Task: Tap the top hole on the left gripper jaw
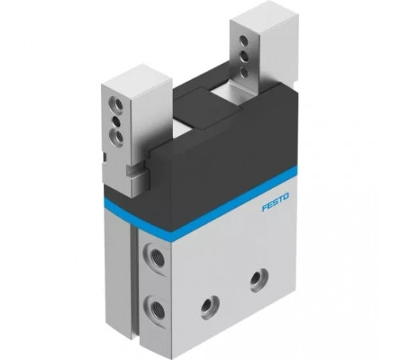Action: click(x=117, y=104)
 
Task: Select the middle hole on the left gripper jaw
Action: click(x=116, y=121)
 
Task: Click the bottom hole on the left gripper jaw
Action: click(x=118, y=137)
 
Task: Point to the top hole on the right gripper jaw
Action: click(x=243, y=41)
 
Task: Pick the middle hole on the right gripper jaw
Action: click(x=244, y=57)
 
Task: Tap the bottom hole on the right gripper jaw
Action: click(x=244, y=72)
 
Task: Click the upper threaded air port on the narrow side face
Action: click(x=154, y=258)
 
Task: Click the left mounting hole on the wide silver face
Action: click(x=210, y=306)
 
